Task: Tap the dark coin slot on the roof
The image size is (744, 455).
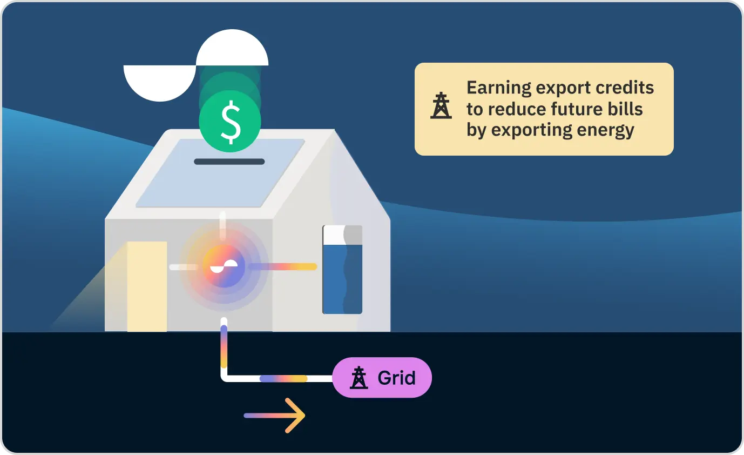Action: [229, 162]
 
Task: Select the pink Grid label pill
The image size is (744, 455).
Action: [382, 378]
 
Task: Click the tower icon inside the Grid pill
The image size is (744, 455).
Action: [359, 378]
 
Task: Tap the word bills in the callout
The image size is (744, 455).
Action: [627, 109]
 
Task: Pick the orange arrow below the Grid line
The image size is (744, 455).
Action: [275, 416]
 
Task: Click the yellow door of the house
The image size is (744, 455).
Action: [147, 286]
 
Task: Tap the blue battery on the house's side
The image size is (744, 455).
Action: [342, 270]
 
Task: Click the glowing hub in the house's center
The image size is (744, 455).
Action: [224, 266]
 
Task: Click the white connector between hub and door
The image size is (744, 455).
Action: [184, 267]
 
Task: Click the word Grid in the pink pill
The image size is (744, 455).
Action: [396, 378]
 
